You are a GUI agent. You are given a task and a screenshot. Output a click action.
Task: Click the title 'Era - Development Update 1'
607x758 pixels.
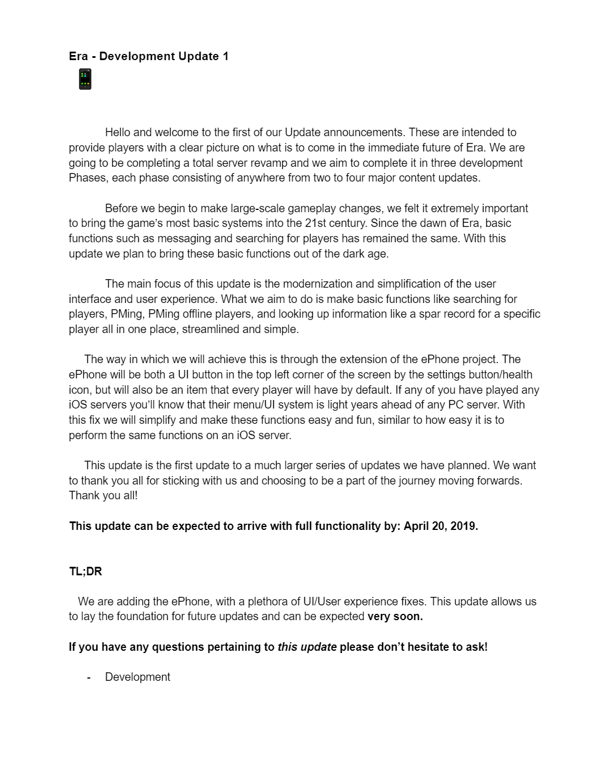[148, 56]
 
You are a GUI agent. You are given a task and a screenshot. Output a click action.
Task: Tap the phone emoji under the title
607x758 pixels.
[85, 79]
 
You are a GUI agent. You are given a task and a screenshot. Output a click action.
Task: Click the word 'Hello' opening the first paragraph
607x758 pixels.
[118, 132]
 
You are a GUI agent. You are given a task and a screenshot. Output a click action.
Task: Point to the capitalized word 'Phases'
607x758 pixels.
[87, 178]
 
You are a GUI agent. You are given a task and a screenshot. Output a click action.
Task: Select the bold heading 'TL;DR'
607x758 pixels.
[86, 571]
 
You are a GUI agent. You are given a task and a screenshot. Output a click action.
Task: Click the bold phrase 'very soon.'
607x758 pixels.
[395, 617]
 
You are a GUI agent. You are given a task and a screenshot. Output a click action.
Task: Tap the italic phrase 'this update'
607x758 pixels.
[307, 647]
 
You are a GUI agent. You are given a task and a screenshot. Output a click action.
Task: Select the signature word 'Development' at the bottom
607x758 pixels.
[137, 677]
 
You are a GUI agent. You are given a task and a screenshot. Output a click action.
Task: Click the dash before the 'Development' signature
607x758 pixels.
[89, 677]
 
